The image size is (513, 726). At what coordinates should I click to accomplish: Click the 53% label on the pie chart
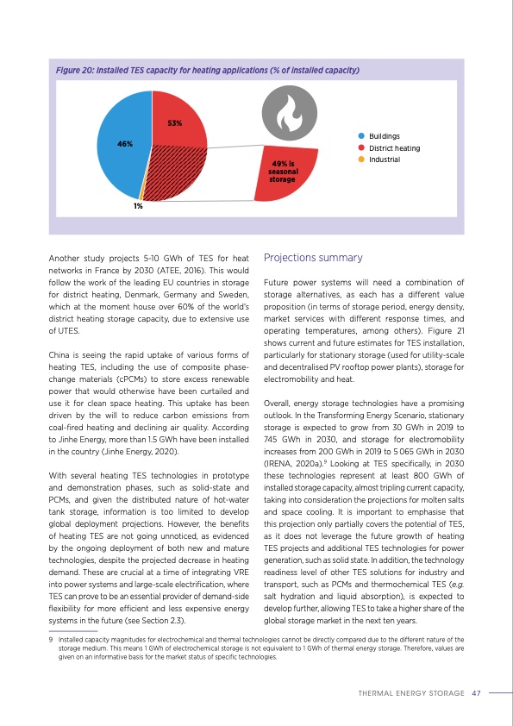174,123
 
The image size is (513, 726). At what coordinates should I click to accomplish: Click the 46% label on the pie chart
125,144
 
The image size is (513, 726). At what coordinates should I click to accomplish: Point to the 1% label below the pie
137,205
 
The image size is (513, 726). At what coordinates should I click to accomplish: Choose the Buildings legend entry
384,136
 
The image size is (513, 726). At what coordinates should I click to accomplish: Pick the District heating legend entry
394,148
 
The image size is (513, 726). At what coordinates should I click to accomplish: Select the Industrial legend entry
385,160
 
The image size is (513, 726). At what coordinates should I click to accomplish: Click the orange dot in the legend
361,160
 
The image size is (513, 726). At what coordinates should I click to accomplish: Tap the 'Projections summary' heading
313,258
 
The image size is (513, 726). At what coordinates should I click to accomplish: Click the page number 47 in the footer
476,692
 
